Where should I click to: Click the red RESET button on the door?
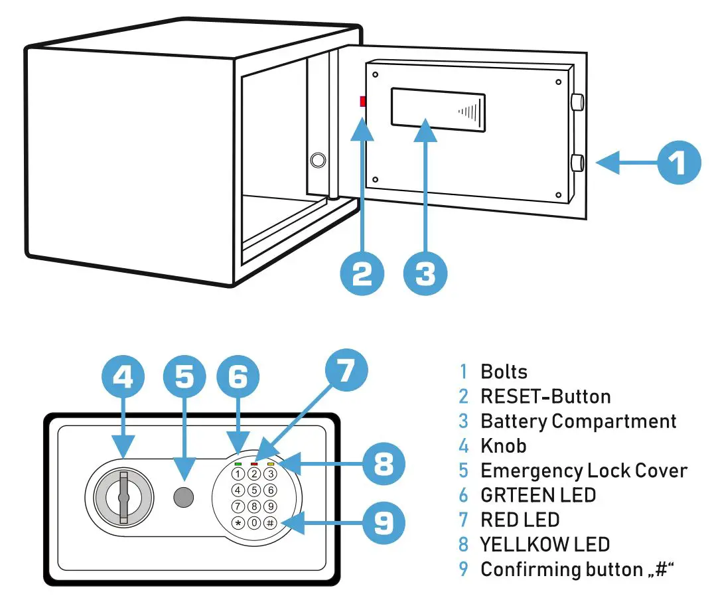(362, 102)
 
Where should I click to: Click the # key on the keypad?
(269, 522)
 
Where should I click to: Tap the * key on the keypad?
(238, 522)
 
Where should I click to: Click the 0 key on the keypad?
(253, 522)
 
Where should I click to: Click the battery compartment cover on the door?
(438, 109)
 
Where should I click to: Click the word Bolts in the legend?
(504, 371)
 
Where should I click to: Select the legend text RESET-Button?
(545, 396)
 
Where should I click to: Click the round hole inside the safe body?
(319, 160)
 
